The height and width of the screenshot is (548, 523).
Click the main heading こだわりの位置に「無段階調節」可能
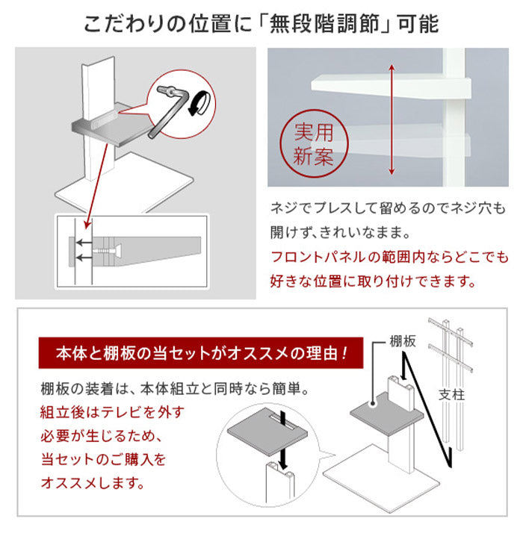point(261,22)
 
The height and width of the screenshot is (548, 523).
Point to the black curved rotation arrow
point(197,104)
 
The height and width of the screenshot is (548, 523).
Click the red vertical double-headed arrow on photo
point(391,119)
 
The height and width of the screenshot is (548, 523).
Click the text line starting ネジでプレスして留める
point(389,206)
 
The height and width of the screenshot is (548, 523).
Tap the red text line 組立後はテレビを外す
point(112,412)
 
